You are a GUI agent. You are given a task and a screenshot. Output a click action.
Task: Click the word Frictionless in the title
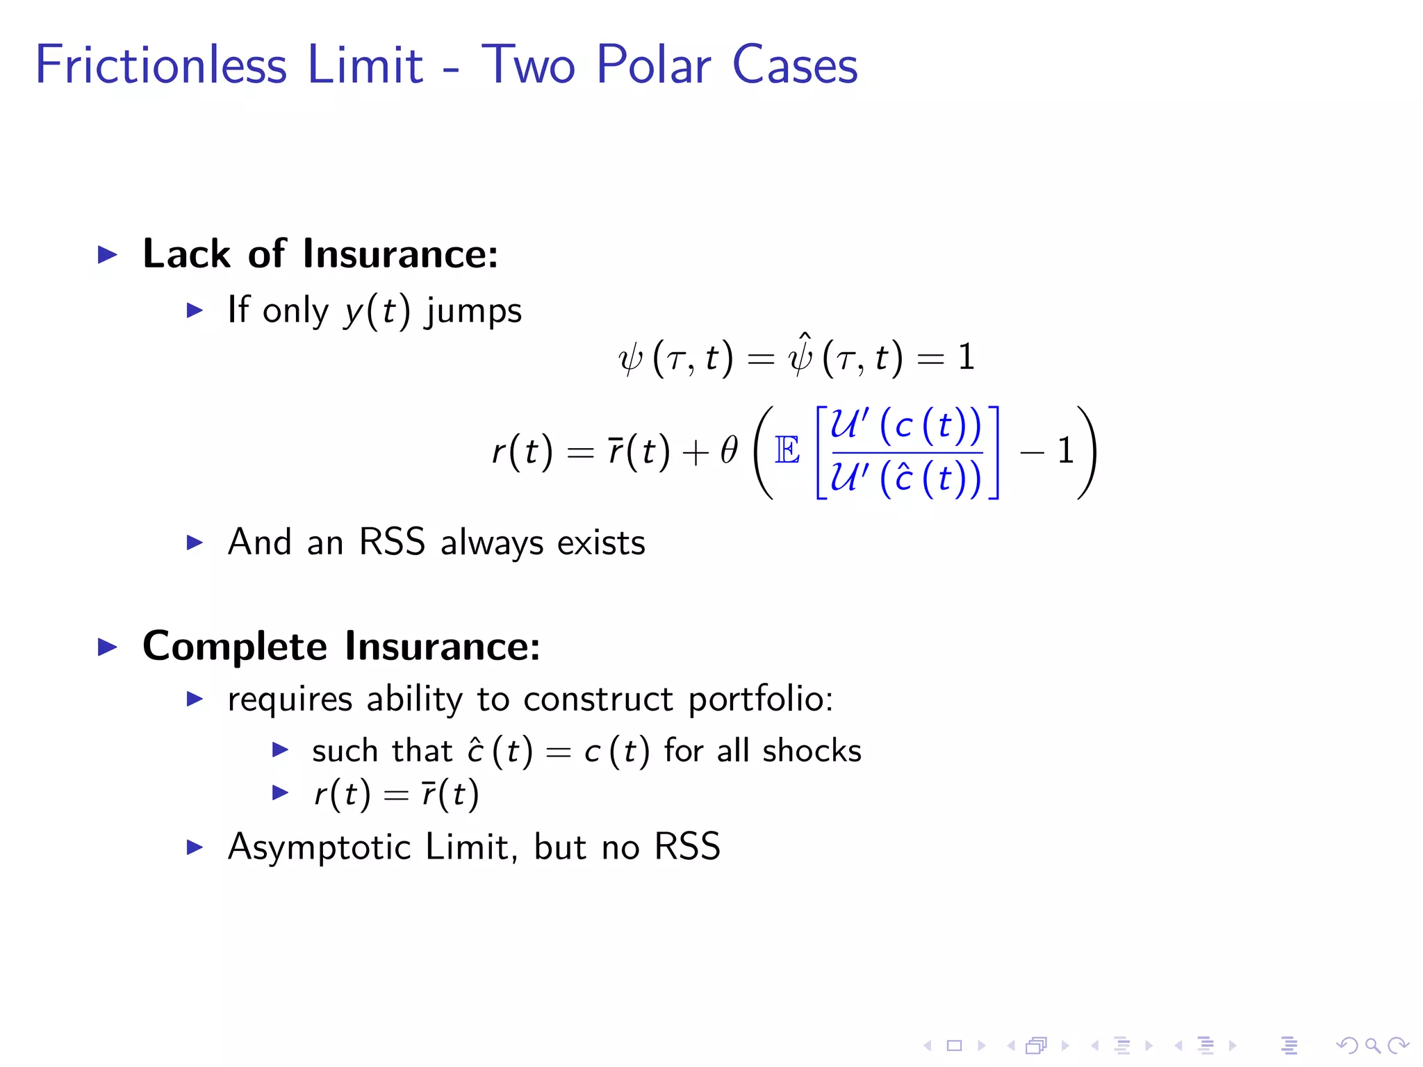pyautogui.click(x=161, y=65)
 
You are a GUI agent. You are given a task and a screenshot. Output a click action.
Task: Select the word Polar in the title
pyautogui.click(x=653, y=65)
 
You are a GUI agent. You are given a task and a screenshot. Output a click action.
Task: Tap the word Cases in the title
pyautogui.click(x=795, y=65)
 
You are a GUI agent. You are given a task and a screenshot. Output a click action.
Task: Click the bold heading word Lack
pyautogui.click(x=186, y=254)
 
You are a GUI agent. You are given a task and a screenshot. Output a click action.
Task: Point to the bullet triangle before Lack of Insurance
pyautogui.click(x=108, y=254)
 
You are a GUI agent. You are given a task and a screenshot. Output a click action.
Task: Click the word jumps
pyautogui.click(x=474, y=311)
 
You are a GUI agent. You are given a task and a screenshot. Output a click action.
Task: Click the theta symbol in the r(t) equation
pyautogui.click(x=729, y=451)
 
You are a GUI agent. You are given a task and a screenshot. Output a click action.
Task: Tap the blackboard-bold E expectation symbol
pyautogui.click(x=787, y=451)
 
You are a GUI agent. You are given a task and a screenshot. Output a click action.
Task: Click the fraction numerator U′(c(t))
pyautogui.click(x=906, y=425)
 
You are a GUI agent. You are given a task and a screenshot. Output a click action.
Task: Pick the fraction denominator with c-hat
pyautogui.click(x=906, y=478)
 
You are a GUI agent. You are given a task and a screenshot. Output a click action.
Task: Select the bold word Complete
pyautogui.click(x=235, y=646)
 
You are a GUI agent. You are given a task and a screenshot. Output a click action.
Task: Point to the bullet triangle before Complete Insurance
pyautogui.click(x=108, y=647)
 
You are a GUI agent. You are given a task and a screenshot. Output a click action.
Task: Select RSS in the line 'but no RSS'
pyautogui.click(x=687, y=847)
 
